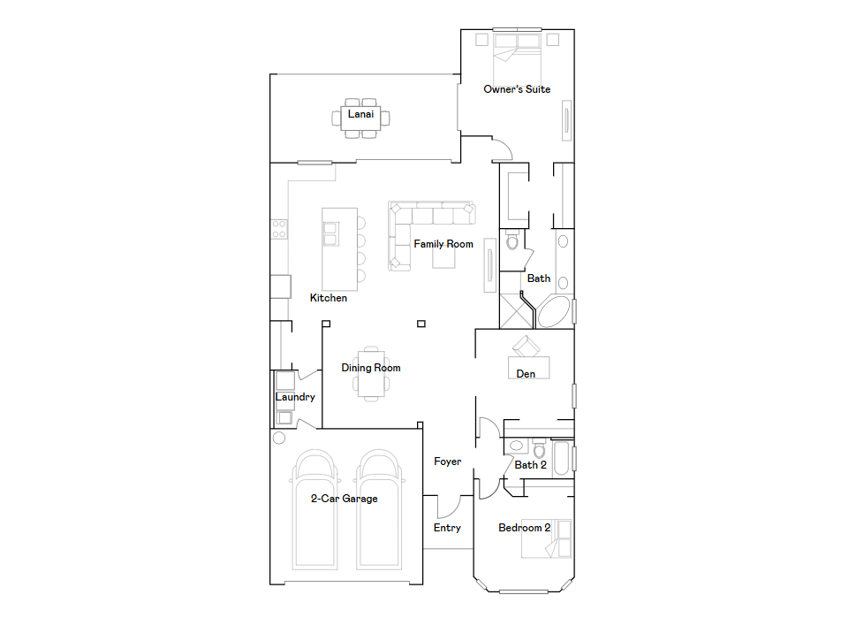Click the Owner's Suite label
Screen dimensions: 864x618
[517, 89]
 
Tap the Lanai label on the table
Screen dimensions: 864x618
[361, 114]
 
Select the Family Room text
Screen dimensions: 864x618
[443, 244]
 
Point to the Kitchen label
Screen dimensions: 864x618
[329, 298]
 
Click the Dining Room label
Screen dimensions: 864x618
[371, 368]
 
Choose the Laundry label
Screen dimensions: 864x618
[295, 397]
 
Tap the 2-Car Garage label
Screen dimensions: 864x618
[345, 499]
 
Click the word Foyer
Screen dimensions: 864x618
[447, 462]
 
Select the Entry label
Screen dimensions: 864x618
[447, 528]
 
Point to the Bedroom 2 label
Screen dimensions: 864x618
[525, 528]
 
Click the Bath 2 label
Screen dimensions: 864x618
[531, 465]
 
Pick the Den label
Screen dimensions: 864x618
[526, 374]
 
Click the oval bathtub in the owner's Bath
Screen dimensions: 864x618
[554, 312]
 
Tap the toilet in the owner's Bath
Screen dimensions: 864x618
[512, 240]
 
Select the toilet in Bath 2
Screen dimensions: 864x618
[539, 449]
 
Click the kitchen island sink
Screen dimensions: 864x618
[330, 233]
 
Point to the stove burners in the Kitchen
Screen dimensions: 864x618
[279, 229]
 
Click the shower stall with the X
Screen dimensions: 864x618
[516, 311]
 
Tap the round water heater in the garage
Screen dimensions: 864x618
[279, 439]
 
